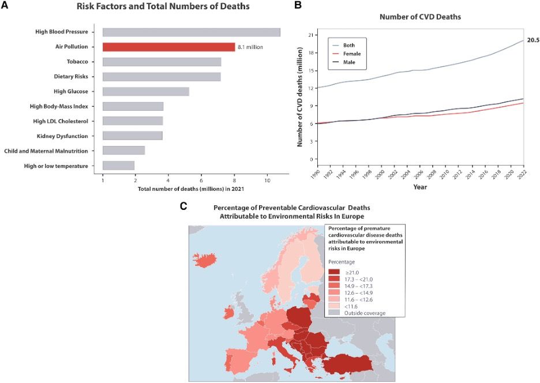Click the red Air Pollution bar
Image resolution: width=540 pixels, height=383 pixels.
point(168,47)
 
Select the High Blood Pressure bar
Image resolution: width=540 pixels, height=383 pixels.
point(191,32)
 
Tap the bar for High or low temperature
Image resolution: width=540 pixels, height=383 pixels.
point(118,166)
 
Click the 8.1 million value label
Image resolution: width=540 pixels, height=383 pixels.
point(250,47)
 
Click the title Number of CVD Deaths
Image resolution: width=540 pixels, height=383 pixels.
point(419,17)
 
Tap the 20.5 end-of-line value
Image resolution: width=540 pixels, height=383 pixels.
point(532,40)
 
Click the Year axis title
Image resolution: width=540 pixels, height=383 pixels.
point(419,187)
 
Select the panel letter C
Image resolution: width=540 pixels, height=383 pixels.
point(183,205)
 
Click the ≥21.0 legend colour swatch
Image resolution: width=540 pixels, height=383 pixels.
point(334,272)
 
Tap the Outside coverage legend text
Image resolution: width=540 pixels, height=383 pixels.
point(365,313)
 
